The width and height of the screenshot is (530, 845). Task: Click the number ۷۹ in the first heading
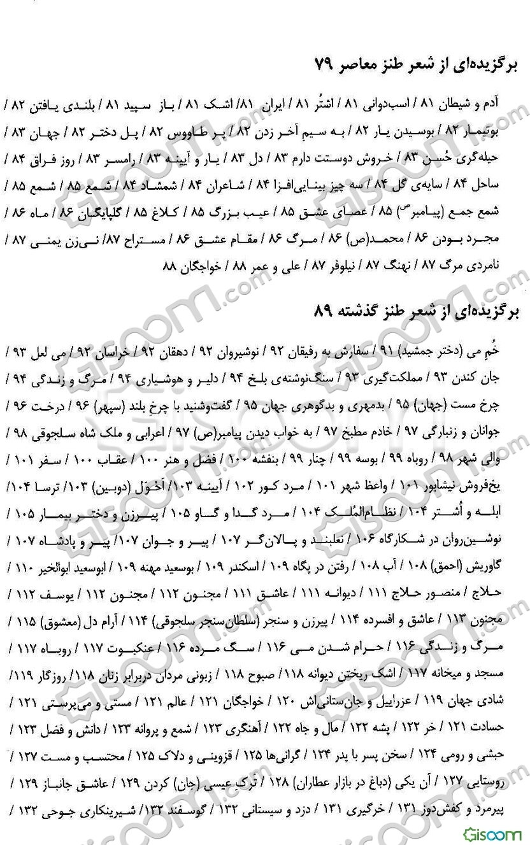(x=326, y=65)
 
